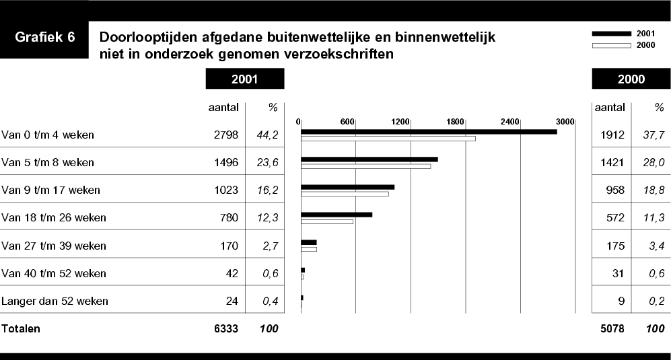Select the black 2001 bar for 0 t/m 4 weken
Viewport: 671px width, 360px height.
(x=429, y=131)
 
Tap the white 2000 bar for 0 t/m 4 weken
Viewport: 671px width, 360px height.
(x=388, y=139)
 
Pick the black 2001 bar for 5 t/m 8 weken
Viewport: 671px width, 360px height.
(x=369, y=159)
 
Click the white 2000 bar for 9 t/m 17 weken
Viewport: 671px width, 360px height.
(x=345, y=194)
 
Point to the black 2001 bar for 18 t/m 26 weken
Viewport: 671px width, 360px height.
(x=337, y=215)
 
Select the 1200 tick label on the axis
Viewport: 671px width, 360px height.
(x=400, y=121)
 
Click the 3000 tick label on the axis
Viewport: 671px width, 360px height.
(x=565, y=121)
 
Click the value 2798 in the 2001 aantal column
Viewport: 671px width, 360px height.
(x=225, y=135)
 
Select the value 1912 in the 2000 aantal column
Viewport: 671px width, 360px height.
(x=612, y=135)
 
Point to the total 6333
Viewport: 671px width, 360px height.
(x=225, y=329)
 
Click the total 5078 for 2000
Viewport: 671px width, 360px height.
(x=612, y=329)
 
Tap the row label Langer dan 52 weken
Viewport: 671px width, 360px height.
(x=55, y=301)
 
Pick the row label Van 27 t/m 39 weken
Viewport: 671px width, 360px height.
(x=55, y=246)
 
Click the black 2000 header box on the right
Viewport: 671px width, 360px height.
(x=631, y=79)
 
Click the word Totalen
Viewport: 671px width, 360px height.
(x=22, y=329)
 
